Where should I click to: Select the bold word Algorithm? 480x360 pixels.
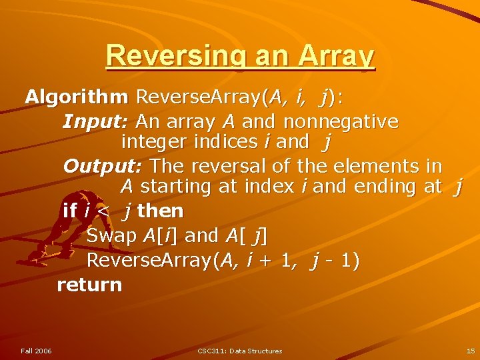[77, 97]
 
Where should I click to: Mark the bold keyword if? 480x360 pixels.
[69, 211]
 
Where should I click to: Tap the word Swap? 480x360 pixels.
[111, 236]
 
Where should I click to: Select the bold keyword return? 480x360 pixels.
[89, 285]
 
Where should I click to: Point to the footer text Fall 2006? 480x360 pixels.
[36, 351]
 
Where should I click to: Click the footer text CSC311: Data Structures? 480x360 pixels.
[240, 351]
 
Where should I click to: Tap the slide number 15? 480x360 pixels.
[471, 351]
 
